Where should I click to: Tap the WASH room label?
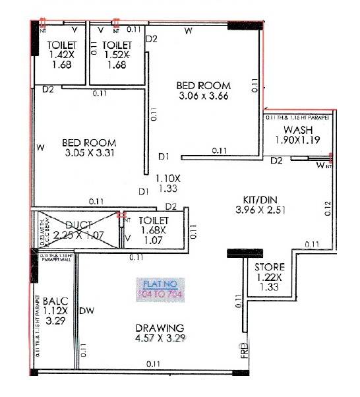click(298, 129)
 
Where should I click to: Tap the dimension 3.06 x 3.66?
click(204, 96)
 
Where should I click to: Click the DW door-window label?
click(86, 311)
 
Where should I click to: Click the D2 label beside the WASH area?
click(276, 160)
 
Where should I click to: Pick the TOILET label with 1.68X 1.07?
click(155, 220)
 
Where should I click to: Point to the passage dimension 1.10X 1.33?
click(168, 183)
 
